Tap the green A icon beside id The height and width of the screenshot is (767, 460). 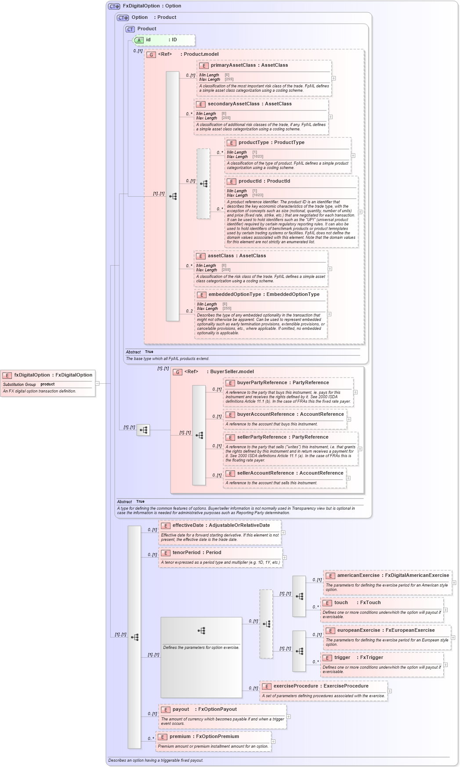pyautogui.click(x=139, y=40)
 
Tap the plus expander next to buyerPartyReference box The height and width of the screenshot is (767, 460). pyautogui.click(x=355, y=392)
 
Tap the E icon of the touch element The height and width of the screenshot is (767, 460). pyautogui.click(x=327, y=603)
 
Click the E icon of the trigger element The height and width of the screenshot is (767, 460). pyautogui.click(x=327, y=658)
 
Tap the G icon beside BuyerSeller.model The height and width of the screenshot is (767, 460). pyautogui.click(x=177, y=372)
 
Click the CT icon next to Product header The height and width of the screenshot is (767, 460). pyautogui.click(x=130, y=29)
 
